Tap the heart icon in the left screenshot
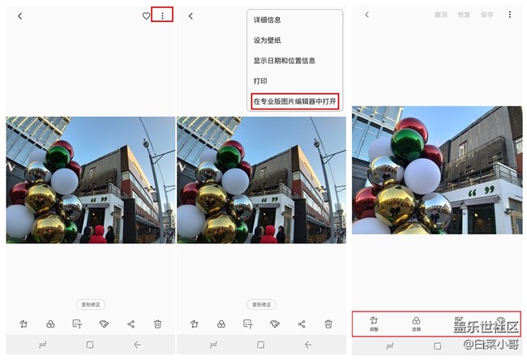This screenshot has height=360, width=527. click(146, 15)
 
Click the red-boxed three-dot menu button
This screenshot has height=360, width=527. click(162, 15)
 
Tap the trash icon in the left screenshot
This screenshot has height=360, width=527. click(158, 324)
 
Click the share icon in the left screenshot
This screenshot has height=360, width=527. click(131, 324)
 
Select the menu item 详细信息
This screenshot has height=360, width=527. click(267, 19)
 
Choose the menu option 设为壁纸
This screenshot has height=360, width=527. click(267, 40)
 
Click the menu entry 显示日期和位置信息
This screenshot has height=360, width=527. click(284, 60)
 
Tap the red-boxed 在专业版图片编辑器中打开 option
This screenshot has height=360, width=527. click(295, 101)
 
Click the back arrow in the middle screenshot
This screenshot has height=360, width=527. click(191, 15)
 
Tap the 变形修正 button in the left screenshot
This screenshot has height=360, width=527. click(91, 304)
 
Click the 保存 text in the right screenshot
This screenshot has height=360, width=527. click(486, 15)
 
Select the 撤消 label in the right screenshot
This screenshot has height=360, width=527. click(440, 15)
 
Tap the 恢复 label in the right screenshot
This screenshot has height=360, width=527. click(463, 15)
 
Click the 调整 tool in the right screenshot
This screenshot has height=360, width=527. click(374, 324)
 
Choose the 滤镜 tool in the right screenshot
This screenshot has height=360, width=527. click(416, 324)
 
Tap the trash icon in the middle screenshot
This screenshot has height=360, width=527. click(328, 324)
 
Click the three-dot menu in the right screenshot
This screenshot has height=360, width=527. click(509, 15)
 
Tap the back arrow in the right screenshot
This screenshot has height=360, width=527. click(366, 15)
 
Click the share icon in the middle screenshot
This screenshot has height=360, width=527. click(302, 324)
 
